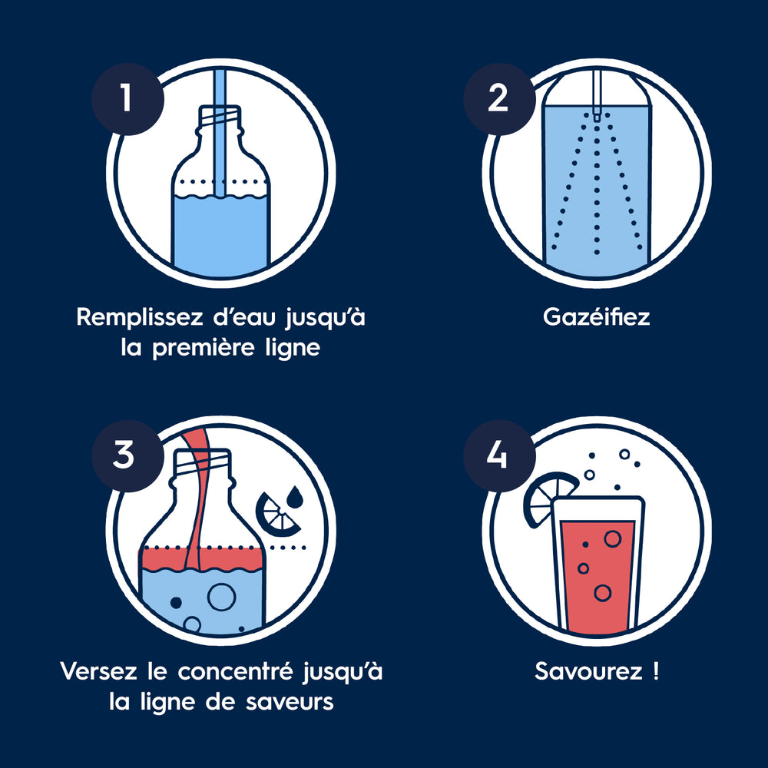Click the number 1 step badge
(x=127, y=99)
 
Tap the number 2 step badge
(x=499, y=99)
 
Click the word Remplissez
(x=140, y=317)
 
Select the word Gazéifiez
(x=597, y=317)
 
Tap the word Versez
(x=98, y=671)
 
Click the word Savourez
(x=588, y=671)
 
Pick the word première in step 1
(x=204, y=349)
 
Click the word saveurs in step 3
(x=290, y=702)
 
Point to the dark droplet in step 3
(x=296, y=497)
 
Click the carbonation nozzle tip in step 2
(x=596, y=117)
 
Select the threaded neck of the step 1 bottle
(x=220, y=117)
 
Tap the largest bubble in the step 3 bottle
(x=221, y=597)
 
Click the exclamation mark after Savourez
(x=656, y=671)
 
